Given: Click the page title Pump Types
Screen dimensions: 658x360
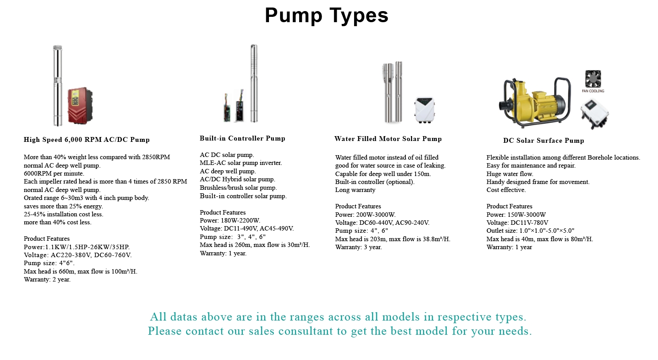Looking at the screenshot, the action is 327,15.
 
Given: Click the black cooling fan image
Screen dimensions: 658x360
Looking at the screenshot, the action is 593,79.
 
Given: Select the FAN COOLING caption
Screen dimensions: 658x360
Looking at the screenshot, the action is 593,91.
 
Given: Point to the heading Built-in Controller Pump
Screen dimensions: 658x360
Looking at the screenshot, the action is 242,138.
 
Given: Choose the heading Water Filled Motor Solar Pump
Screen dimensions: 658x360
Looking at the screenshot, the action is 388,139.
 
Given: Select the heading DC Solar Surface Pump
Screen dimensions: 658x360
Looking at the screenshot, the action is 543,141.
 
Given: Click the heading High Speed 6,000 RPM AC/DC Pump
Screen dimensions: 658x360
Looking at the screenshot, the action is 87,140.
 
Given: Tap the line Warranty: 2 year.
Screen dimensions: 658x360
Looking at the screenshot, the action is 47,279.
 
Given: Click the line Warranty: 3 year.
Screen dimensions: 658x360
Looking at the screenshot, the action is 358,247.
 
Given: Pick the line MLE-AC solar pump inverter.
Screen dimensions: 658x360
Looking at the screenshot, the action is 241,163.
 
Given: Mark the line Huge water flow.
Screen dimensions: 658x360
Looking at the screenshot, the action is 510,174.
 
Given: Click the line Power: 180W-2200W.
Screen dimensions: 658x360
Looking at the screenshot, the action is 230,220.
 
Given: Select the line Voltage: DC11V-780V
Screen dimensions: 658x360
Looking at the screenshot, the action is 517,223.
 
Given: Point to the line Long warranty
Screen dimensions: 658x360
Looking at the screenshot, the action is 355,190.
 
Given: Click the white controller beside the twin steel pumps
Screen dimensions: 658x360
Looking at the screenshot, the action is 424,110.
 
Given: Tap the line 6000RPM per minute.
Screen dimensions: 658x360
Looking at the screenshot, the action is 54,173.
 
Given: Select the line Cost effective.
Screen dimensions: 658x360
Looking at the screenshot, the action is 506,190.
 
